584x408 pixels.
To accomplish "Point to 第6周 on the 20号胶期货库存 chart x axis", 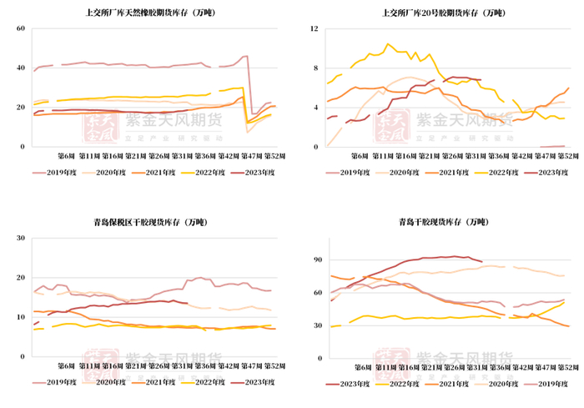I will (360, 156).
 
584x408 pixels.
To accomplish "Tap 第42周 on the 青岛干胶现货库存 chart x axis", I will (523, 365).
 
